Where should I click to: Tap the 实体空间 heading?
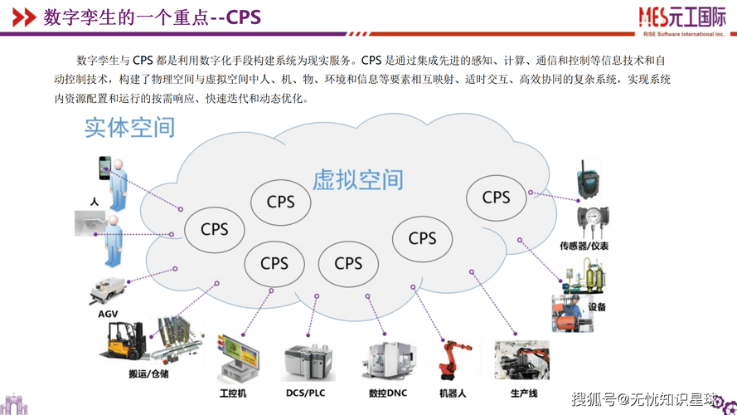(x=129, y=127)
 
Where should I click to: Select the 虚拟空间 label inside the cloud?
(x=357, y=179)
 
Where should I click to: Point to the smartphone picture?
(x=105, y=169)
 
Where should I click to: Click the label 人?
(x=95, y=202)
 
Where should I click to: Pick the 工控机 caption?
(x=232, y=393)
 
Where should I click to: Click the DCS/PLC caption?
(x=305, y=393)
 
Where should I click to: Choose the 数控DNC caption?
(x=386, y=393)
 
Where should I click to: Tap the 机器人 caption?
(x=453, y=393)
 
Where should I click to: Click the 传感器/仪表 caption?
(x=584, y=247)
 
